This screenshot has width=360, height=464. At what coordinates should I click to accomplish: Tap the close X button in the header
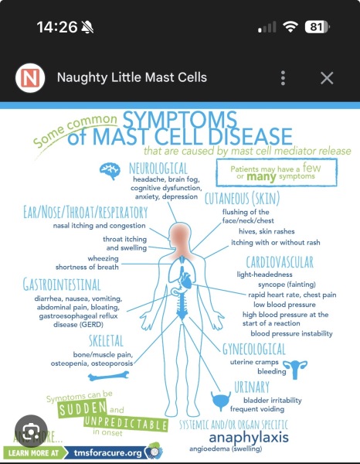point(327,78)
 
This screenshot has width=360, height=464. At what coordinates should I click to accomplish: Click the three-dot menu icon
point(283,78)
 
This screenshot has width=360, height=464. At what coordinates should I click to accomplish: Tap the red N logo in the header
point(30,78)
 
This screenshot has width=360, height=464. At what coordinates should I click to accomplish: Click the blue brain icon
point(110,171)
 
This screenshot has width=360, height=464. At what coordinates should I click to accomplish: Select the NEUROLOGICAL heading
point(158,169)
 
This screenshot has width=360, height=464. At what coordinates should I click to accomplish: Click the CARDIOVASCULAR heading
point(280,262)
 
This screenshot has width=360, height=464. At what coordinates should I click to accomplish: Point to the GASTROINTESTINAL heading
point(62,285)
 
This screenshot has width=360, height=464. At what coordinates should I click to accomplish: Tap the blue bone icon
point(108,377)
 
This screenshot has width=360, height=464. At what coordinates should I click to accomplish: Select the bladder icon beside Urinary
point(221,401)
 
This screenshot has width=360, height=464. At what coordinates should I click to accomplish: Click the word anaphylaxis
point(249,438)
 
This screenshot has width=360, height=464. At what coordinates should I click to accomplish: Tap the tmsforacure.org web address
point(108,452)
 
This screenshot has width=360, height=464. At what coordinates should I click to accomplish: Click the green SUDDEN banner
point(82,408)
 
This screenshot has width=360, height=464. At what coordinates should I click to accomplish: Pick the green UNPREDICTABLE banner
point(126,424)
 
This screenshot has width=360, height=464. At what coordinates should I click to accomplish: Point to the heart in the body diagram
point(186,280)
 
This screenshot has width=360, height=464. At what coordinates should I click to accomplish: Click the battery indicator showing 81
point(318,27)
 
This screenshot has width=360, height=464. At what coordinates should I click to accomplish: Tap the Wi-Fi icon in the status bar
point(290,27)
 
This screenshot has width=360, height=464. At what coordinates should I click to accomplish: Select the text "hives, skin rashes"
point(267,231)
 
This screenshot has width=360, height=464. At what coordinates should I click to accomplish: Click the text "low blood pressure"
point(284,305)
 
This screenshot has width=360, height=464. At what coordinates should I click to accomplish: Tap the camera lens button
point(31,431)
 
